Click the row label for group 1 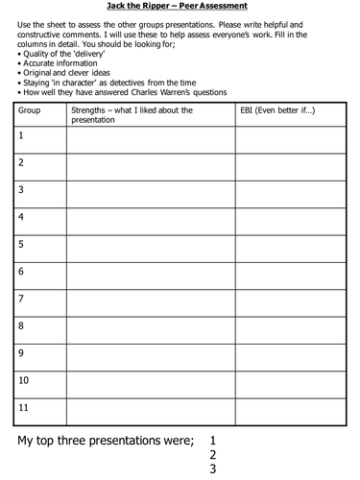click(20, 135)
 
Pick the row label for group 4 click(21, 217)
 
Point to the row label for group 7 click(21, 299)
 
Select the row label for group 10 click(24, 380)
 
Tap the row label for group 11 click(24, 407)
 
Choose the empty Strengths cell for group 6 click(150, 276)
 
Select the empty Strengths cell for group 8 click(150, 330)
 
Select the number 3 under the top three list click(213, 470)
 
